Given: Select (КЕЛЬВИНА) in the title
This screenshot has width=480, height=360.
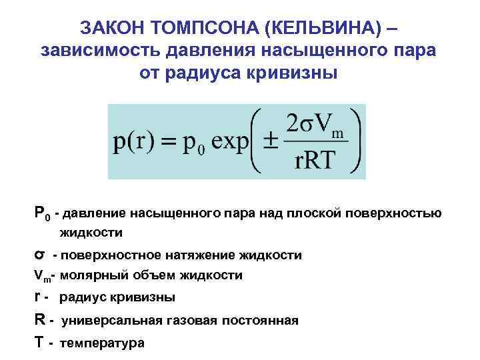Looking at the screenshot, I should point(315,28).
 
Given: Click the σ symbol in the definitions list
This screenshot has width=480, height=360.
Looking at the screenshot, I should point(39,255).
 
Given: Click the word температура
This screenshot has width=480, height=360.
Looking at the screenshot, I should point(101,343).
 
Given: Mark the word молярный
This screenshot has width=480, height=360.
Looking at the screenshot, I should point(92,275).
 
